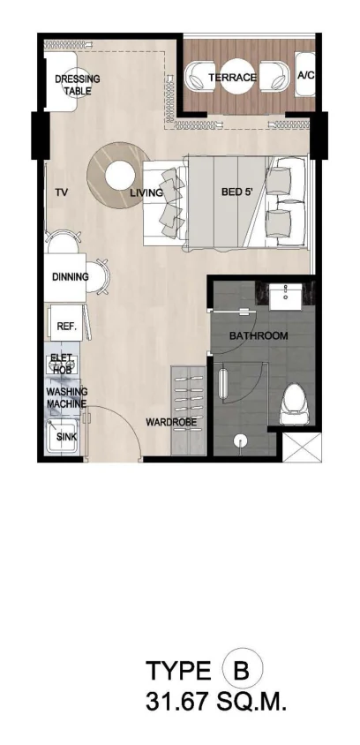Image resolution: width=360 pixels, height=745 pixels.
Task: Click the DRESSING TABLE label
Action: [78, 85]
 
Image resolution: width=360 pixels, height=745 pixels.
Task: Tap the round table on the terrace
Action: [239, 77]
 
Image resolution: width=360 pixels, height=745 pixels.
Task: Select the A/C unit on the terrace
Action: [305, 75]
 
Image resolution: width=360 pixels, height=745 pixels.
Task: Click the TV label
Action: [61, 192]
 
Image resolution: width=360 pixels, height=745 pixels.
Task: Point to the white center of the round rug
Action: [119, 176]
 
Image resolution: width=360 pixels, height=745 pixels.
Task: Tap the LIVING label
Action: [146, 193]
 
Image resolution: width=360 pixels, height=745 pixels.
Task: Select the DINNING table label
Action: [71, 276]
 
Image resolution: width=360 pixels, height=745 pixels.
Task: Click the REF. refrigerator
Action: [66, 324]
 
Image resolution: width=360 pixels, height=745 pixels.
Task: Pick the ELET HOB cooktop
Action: [63, 364]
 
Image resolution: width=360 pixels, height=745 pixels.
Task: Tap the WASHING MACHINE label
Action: [66, 398]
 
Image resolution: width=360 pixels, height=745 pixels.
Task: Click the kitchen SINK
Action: [62, 436]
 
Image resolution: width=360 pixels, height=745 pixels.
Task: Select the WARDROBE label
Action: [171, 422]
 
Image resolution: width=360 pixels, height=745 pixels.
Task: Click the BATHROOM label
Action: [259, 336]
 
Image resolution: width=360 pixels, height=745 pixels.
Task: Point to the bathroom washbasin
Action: [287, 296]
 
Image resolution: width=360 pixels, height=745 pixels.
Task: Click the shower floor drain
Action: [240, 441]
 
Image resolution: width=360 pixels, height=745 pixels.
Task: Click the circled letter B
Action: [242, 671]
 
